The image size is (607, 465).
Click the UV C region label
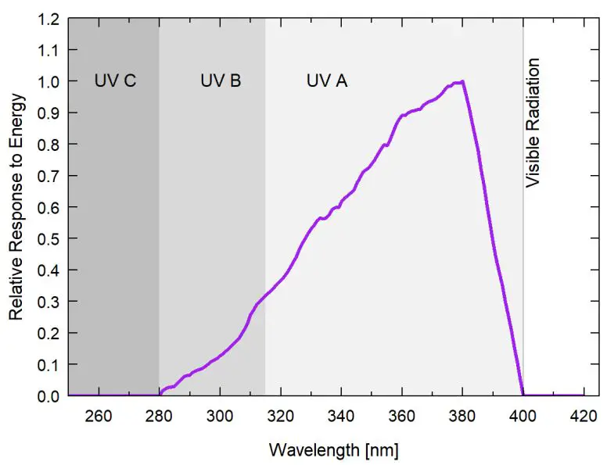(115, 80)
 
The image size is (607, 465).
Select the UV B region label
(221, 80)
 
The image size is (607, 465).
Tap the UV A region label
(326, 80)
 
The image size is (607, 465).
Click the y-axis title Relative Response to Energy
(16, 207)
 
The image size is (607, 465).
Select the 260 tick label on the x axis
(99, 414)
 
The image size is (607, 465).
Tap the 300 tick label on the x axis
(220, 414)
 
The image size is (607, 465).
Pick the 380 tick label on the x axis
(462, 414)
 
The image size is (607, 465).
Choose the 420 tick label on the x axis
(584, 414)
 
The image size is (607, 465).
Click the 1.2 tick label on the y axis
(47, 19)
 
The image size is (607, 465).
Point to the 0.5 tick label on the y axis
(47, 238)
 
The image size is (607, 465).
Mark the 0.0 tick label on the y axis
(47, 396)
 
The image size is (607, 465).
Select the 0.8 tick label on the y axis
(47, 145)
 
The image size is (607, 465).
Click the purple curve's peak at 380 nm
(462, 81)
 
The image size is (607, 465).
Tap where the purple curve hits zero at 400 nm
(523, 395)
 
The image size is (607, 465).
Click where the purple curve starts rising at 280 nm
(160, 395)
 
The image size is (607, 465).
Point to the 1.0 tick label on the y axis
(47, 81)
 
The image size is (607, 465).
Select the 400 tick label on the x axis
(523, 414)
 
